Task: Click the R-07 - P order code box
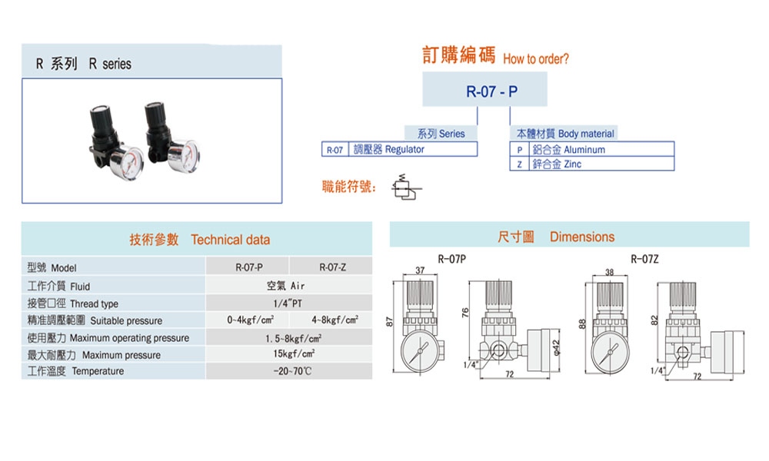tap(485, 89)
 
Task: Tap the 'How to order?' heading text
tap(536, 59)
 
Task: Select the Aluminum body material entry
tap(568, 150)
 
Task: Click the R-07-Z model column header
tap(332, 267)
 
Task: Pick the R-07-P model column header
tap(249, 267)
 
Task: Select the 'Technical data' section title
tap(230, 240)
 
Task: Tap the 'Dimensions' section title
tap(581, 237)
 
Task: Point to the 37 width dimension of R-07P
tap(420, 270)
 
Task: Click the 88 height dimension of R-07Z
tap(583, 323)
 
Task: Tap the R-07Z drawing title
tap(644, 259)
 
